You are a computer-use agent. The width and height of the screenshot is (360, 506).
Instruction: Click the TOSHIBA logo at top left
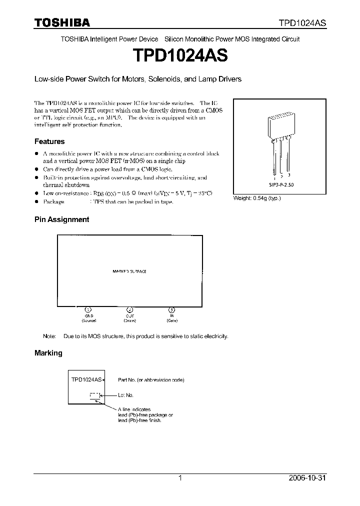(x=62, y=22)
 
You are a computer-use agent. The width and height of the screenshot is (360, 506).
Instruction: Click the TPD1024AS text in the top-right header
(x=302, y=23)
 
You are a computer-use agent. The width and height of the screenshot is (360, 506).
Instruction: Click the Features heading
(x=49, y=141)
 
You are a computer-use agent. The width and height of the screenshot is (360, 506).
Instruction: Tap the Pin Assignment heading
(x=61, y=219)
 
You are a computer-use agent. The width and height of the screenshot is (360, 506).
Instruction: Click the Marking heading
(x=48, y=352)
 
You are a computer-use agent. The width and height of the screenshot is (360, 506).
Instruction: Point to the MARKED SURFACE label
(x=129, y=271)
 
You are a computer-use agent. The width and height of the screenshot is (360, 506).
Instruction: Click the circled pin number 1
(x=88, y=310)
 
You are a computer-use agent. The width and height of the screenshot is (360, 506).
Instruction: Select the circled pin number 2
(x=130, y=310)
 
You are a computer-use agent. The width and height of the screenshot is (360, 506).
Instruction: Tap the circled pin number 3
(x=171, y=310)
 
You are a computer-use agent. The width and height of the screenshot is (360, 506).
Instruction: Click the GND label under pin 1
(x=88, y=316)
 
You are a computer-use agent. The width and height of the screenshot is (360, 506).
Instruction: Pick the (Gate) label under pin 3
(x=171, y=320)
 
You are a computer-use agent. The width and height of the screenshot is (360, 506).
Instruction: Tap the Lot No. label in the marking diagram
(x=125, y=395)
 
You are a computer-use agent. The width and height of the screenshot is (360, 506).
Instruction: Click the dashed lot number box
(x=94, y=395)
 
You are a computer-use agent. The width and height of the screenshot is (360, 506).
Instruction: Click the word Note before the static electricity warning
(x=49, y=336)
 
